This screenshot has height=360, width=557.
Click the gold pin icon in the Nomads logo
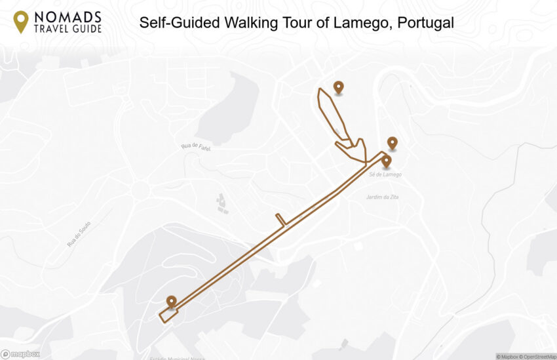pyautogui.click(x=22, y=21)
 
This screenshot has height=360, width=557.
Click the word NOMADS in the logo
pyautogui.click(x=67, y=16)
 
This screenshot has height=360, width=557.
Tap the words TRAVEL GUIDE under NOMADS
pyautogui.click(x=67, y=28)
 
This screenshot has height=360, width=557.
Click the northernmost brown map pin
pyautogui.click(x=338, y=87)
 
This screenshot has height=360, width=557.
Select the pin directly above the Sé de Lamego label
pyautogui.click(x=386, y=160)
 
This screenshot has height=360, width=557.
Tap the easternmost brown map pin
pyautogui.click(x=392, y=142)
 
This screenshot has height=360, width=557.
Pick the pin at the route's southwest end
pyautogui.click(x=172, y=301)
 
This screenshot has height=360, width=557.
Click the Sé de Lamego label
pyautogui.click(x=385, y=174)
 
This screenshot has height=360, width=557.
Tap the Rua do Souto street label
pyautogui.click(x=79, y=234)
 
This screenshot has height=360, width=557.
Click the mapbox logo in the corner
pyautogui.click(x=20, y=354)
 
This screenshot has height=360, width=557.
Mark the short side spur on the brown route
pyautogui.click(x=280, y=219)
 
